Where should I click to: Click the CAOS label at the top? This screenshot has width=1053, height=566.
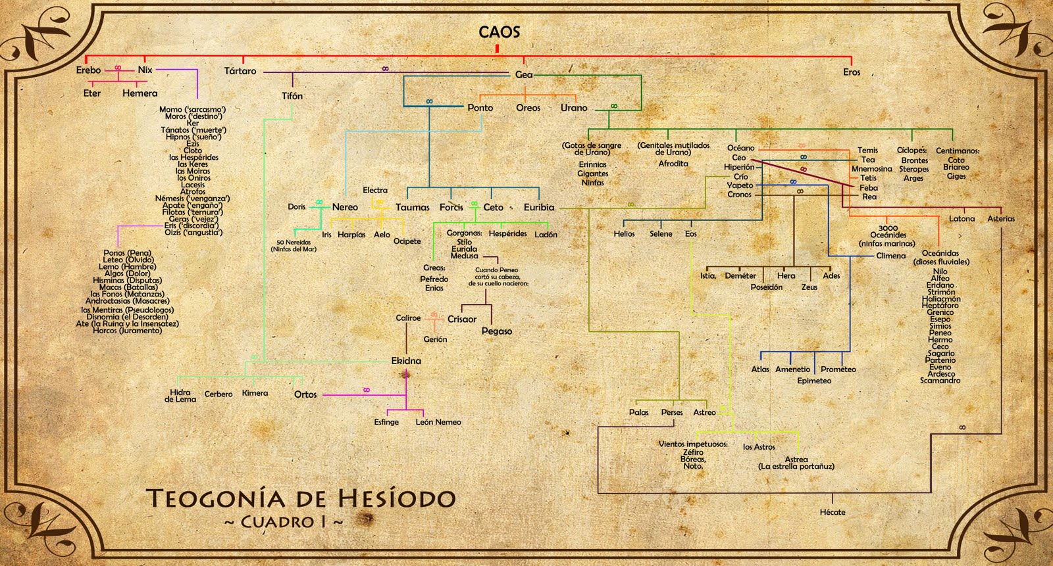pyautogui.click(x=499, y=32)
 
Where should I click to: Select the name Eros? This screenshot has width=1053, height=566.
pyautogui.click(x=852, y=72)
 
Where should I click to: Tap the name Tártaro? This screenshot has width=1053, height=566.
pyautogui.click(x=240, y=71)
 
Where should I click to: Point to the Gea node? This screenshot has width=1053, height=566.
pyautogui.click(x=524, y=75)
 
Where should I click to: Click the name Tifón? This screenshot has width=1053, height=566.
pyautogui.click(x=292, y=96)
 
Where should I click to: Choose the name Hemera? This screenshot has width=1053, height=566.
pyautogui.click(x=140, y=93)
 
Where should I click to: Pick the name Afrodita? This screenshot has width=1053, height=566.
pyautogui.click(x=673, y=164)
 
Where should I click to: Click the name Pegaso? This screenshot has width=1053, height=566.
pyautogui.click(x=497, y=331)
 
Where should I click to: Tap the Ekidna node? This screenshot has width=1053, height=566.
pyautogui.click(x=406, y=361)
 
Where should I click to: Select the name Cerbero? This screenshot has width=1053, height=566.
pyautogui.click(x=218, y=394)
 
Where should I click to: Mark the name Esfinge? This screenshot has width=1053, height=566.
pyautogui.click(x=386, y=422)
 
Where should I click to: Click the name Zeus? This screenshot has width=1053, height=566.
pyautogui.click(x=809, y=287)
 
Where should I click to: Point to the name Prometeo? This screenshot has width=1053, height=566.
pyautogui.click(x=838, y=369)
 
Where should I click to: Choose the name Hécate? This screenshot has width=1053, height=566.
pyautogui.click(x=833, y=512)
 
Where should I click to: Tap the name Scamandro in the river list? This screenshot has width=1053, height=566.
pyautogui.click(x=940, y=381)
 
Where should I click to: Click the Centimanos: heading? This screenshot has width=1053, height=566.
pyautogui.click(x=958, y=151)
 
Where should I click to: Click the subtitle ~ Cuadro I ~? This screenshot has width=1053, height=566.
pyautogui.click(x=284, y=523)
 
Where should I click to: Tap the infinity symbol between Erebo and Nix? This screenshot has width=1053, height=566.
pyautogui.click(x=118, y=67)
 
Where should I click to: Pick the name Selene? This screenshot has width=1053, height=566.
pyautogui.click(x=661, y=234)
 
